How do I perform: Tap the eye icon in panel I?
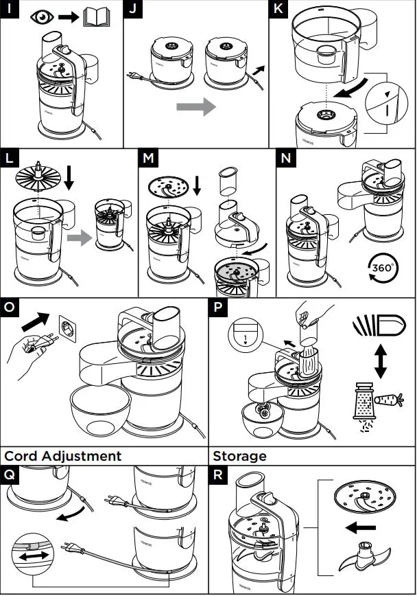[x=43, y=17]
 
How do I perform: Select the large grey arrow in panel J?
[x=195, y=106]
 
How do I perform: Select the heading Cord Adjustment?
[x=63, y=456]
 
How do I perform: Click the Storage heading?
[x=239, y=456]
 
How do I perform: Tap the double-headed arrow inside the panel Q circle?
[x=29, y=556]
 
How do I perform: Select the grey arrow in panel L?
[x=79, y=239]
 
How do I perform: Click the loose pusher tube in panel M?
[x=228, y=182]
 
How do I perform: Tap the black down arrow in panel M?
[x=198, y=185]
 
